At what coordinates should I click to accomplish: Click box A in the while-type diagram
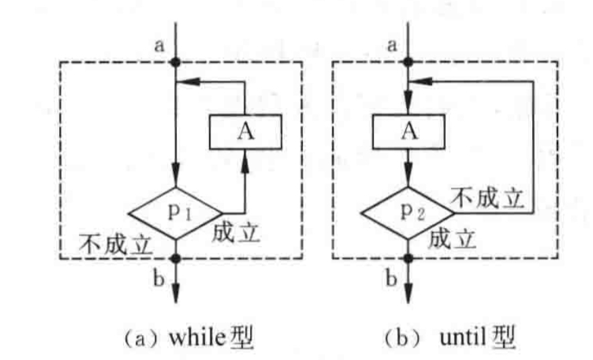pos(245,130)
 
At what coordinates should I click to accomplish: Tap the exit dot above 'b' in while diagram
pos(176,259)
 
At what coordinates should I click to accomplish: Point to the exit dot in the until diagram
pos(407,259)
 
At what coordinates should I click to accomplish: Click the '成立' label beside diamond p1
pos(235,233)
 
